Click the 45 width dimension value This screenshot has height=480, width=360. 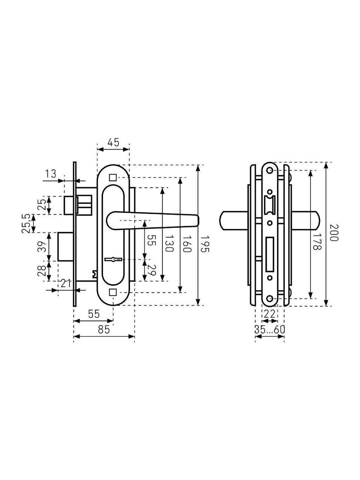(x=113, y=142)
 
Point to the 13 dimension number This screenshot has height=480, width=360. (x=51, y=174)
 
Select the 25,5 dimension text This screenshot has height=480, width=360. (x=26, y=223)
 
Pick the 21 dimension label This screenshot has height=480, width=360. (x=66, y=284)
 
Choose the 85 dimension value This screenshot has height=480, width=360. (x=104, y=330)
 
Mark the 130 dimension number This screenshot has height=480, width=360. (x=170, y=244)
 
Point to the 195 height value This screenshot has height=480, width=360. (x=205, y=244)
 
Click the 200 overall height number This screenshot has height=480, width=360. (x=334, y=233)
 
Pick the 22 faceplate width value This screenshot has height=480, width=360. (x=269, y=313)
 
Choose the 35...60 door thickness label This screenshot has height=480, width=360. (x=269, y=330)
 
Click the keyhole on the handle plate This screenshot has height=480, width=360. (x=113, y=259)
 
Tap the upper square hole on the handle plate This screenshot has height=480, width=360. (x=113, y=177)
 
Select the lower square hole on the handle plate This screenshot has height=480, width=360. (x=113, y=292)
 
